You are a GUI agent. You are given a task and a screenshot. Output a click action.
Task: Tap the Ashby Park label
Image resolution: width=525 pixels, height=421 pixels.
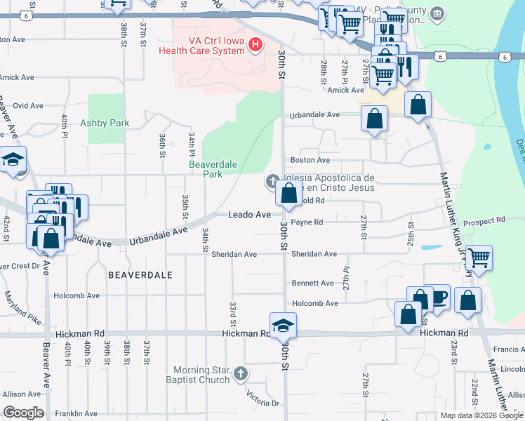point(105,123)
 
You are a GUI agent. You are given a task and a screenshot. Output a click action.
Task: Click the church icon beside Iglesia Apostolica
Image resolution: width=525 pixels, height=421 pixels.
point(271,182)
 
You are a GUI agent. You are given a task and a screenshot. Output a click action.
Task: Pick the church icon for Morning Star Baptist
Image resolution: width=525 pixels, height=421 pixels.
point(241,373)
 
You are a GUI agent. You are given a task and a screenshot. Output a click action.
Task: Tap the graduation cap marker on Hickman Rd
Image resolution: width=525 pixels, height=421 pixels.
point(283,327)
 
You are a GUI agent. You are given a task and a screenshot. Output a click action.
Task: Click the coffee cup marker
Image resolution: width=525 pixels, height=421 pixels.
point(438,298)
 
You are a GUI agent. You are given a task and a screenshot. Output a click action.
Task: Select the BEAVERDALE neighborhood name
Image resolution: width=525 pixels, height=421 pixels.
point(140,276)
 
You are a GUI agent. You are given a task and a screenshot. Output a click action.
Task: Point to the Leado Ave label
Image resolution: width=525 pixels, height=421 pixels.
point(249,215)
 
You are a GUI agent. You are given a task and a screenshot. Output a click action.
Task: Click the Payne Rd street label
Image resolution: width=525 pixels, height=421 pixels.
point(307,222)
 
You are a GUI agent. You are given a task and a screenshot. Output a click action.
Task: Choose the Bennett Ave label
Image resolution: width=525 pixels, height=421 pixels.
point(313,283)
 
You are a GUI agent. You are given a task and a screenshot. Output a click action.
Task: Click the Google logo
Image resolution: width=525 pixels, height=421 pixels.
point(23,413)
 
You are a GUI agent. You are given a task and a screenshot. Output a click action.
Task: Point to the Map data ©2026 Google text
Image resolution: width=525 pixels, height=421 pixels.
point(481,415)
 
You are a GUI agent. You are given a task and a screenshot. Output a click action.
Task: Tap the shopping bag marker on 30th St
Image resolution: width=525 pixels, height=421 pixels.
point(288,194)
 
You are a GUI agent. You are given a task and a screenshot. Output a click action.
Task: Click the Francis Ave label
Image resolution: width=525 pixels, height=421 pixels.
point(509,349)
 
